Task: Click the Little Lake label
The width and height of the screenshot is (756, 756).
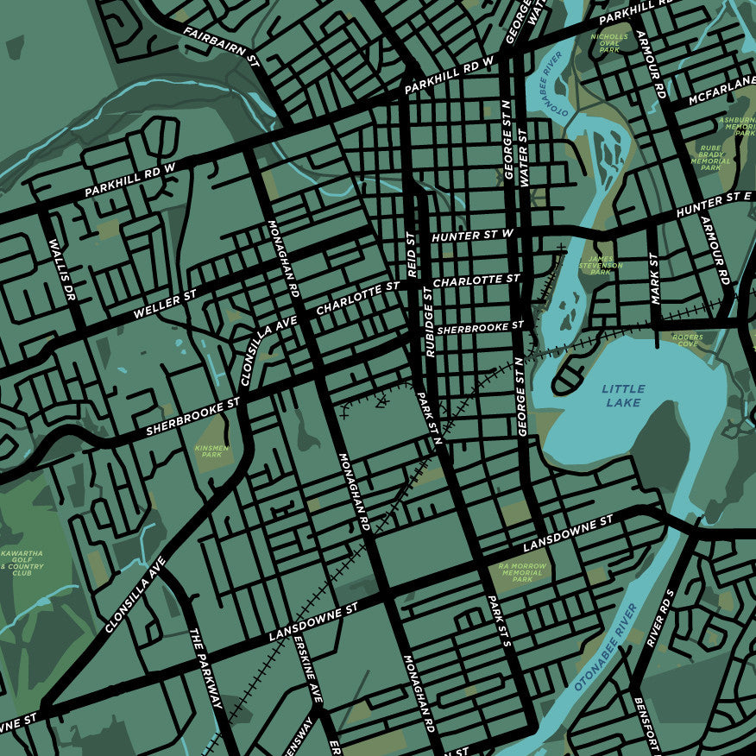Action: click(x=622, y=396)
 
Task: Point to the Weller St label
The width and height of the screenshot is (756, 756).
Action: click(x=166, y=304)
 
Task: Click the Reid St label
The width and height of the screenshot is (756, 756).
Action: click(x=412, y=254)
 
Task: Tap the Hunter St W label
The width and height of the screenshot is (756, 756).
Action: click(x=472, y=235)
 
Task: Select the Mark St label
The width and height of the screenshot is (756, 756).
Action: click(x=654, y=278)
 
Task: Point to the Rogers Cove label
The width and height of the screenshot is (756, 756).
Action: click(x=688, y=340)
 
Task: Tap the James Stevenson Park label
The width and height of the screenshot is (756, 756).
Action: click(x=601, y=265)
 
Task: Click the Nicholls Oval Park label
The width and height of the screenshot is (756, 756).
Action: click(x=609, y=43)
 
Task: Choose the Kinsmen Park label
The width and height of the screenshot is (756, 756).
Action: click(x=212, y=452)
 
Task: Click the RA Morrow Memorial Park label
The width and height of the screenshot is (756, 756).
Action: click(x=521, y=573)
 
